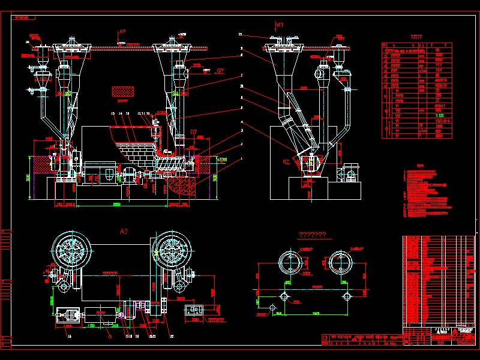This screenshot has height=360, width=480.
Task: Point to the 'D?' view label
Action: tap(194, 131)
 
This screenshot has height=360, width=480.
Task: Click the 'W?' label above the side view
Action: tap(279, 25)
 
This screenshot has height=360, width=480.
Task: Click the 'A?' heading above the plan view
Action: tap(125, 231)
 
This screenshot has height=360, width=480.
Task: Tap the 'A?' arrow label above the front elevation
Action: tap(122, 31)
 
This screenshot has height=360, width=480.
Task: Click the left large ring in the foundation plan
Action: tap(291, 263)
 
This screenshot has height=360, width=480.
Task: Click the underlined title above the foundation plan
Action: tap(312, 235)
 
